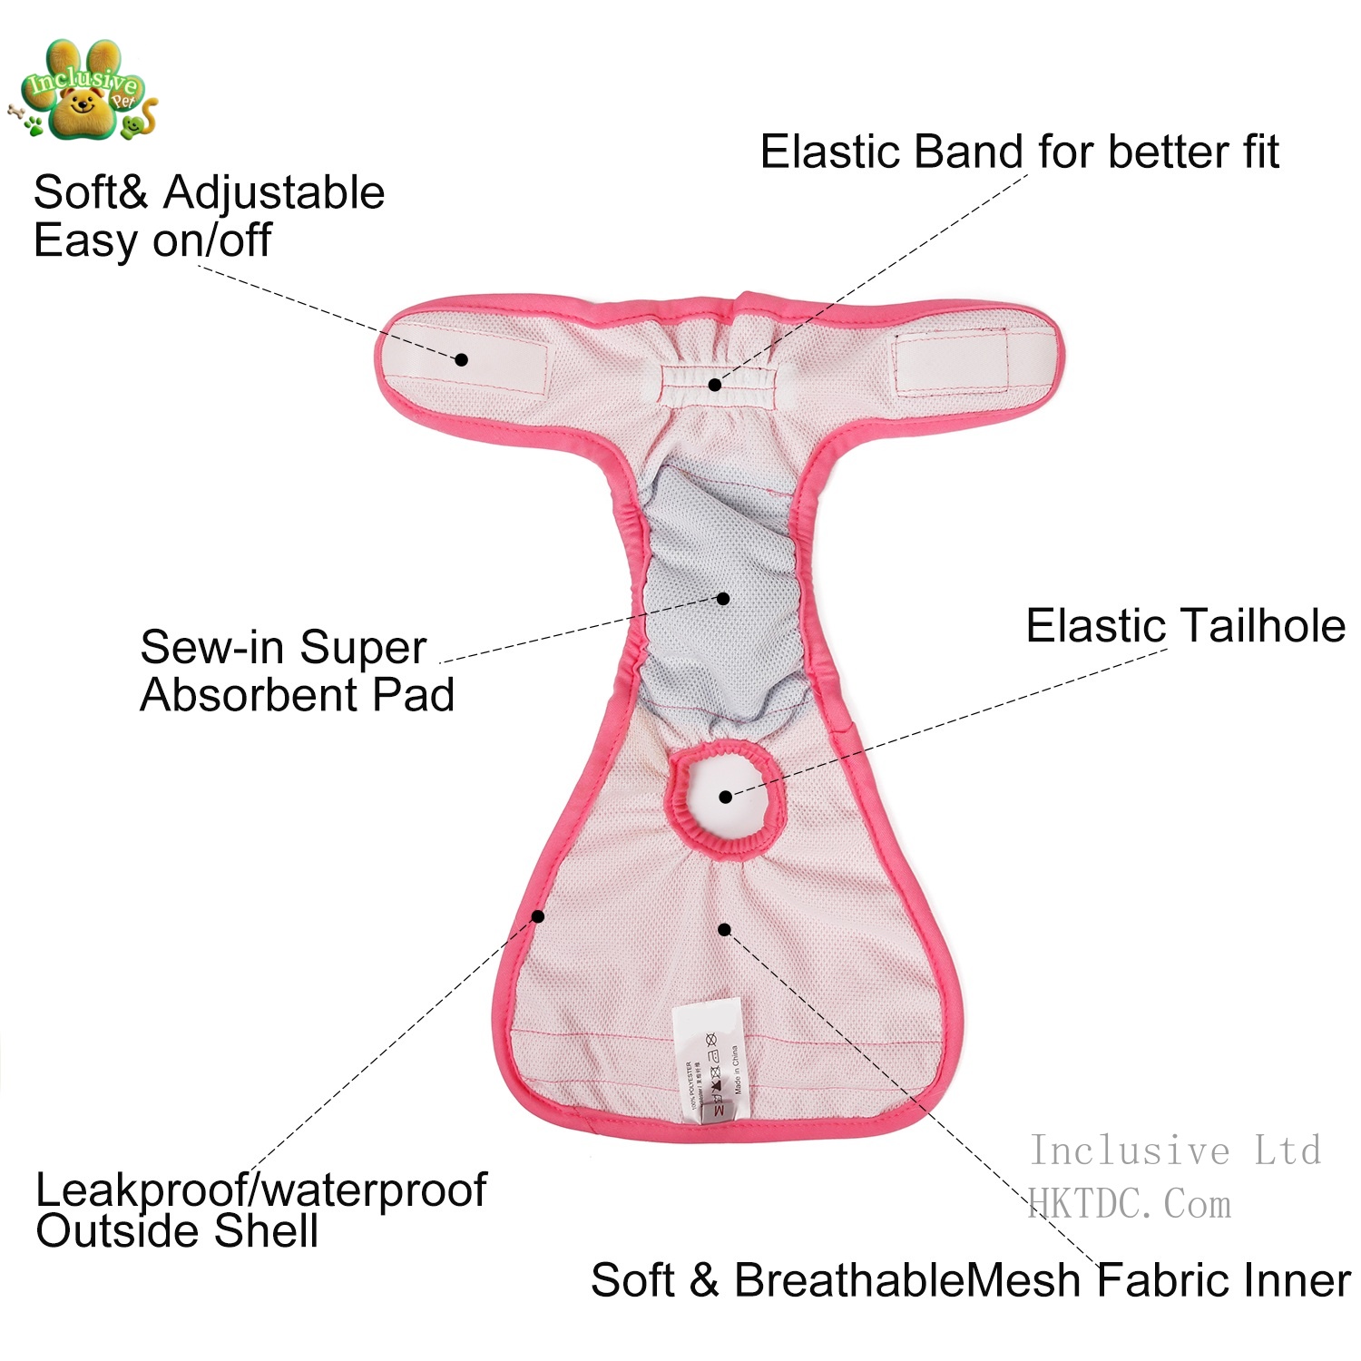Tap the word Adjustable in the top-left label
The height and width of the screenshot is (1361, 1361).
click(x=274, y=193)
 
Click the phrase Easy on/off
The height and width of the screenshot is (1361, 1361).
click(x=152, y=240)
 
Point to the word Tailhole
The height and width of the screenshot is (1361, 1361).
click(x=1262, y=626)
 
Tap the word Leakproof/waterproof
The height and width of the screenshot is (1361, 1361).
click(x=261, y=1190)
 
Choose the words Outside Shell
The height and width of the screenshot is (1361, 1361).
click(x=177, y=1231)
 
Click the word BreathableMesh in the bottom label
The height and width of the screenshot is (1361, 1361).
click(x=907, y=1280)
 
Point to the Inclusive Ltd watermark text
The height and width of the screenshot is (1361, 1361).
click(x=1175, y=1150)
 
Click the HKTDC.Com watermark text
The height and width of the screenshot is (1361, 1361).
click(x=1130, y=1205)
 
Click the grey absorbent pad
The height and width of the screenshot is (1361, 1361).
click(x=721, y=590)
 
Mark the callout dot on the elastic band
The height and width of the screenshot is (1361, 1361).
click(x=715, y=385)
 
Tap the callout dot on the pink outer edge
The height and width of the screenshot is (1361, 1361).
click(x=538, y=916)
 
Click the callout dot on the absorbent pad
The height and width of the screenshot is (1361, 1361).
click(x=723, y=598)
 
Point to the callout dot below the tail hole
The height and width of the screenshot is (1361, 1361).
click(x=724, y=929)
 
